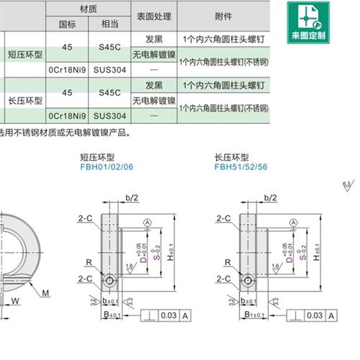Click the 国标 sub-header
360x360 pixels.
pyautogui.click(x=66, y=24)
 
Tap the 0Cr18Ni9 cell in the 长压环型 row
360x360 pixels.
pyautogui.click(x=66, y=116)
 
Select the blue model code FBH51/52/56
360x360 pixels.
pyautogui.click(x=240, y=166)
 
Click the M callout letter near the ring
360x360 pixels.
pyautogui.click(x=45, y=292)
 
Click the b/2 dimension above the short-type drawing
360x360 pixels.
pyautogui.click(x=131, y=197)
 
